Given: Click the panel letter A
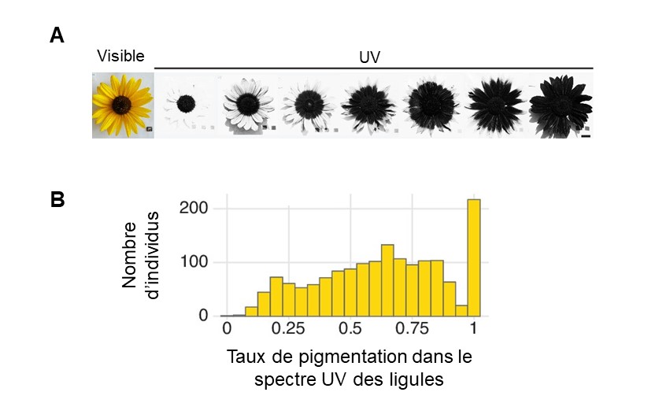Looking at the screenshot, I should [56, 35].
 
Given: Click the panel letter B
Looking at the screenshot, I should [57, 200].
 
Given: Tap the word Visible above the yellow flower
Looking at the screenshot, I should [120, 55].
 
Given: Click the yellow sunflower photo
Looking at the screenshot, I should [123, 105].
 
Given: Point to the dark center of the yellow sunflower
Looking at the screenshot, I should [122, 103].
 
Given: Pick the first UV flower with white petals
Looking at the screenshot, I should [186, 103].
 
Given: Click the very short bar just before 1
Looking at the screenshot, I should [461, 310].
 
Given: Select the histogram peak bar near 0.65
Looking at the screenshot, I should [387, 280].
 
